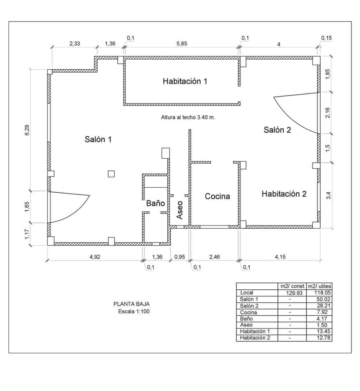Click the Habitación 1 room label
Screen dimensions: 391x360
(x=185, y=81)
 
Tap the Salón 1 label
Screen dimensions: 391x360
(x=98, y=139)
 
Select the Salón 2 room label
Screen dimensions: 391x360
(x=277, y=130)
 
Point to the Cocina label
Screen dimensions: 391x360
(x=217, y=196)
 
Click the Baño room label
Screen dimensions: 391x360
(x=155, y=203)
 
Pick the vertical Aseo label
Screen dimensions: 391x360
(x=180, y=210)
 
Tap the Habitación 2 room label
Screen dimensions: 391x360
(x=284, y=194)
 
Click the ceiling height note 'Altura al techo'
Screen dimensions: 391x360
(x=188, y=117)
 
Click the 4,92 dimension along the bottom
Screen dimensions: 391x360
(x=95, y=257)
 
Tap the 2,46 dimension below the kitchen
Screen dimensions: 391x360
(x=214, y=257)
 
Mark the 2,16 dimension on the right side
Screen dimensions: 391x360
(x=328, y=113)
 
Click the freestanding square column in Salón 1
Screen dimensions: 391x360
(x=111, y=174)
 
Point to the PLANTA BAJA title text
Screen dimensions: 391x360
(x=132, y=304)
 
